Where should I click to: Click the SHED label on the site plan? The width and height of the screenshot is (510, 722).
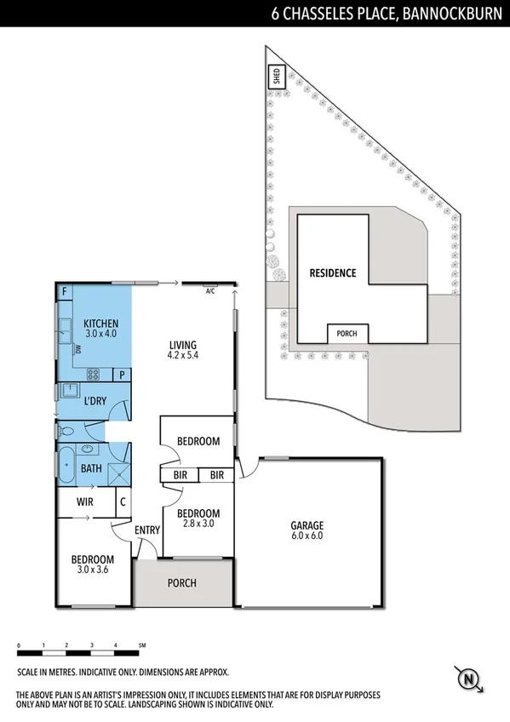(276, 77)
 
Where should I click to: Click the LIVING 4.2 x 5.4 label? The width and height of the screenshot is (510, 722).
(182, 349)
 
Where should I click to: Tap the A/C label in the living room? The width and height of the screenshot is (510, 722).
(210, 291)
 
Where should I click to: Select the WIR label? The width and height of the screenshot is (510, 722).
(84, 502)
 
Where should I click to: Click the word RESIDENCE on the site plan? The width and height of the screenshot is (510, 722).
(332, 273)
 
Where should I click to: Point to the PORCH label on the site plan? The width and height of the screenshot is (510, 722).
(347, 334)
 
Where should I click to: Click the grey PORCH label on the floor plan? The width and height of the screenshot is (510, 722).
(182, 583)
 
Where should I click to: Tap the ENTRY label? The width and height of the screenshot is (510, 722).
(147, 531)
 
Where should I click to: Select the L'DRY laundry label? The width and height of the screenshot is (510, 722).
(94, 399)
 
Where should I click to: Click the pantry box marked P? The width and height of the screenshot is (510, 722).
(122, 374)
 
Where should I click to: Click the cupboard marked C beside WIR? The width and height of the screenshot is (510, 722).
(123, 502)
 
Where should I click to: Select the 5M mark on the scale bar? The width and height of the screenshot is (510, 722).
(142, 646)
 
